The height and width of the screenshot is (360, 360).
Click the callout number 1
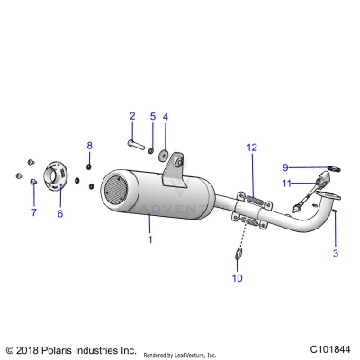click(150, 239)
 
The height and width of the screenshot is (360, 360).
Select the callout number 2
click(132, 116)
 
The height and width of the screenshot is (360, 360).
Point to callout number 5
click(152, 116)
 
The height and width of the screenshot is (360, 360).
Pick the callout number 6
click(60, 213)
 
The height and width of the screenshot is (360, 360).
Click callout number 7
click(33, 213)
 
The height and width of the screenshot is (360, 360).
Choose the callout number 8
click(89, 145)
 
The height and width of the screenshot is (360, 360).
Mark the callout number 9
click(285, 166)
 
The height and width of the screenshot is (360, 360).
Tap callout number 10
click(237, 278)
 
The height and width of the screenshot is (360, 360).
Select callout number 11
click(287, 184)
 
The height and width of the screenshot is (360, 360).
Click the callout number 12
click(253, 147)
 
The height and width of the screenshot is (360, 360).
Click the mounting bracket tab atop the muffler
click(175, 163)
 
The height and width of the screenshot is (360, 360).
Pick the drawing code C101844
click(329, 348)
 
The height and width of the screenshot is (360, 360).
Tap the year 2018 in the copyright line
click(31, 349)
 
